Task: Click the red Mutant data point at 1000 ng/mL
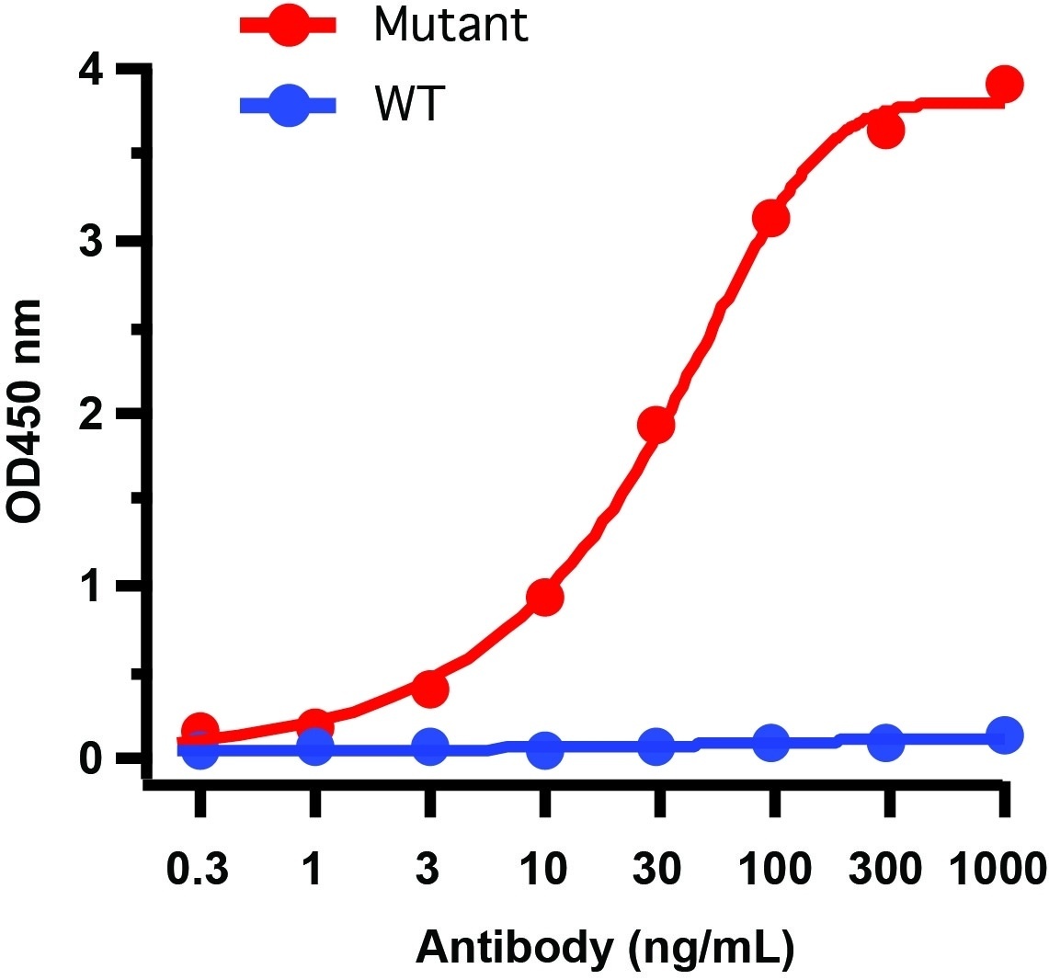click(x=1004, y=85)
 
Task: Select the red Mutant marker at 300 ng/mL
click(x=885, y=131)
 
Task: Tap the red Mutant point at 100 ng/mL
click(x=770, y=218)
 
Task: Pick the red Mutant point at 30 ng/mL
click(x=656, y=425)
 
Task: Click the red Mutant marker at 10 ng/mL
click(x=544, y=598)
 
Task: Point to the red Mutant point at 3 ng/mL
click(x=429, y=689)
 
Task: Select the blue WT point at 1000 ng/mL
click(x=1005, y=735)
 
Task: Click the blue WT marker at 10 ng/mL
click(x=544, y=750)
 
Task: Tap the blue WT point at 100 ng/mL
click(x=770, y=742)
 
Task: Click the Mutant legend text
click(x=450, y=25)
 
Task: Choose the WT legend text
click(x=409, y=106)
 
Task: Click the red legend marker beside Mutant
click(x=289, y=25)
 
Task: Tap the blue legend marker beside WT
click(x=289, y=106)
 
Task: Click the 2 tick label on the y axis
click(x=92, y=415)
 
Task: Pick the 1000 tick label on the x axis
click(x=998, y=869)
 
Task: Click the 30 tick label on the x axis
click(x=658, y=869)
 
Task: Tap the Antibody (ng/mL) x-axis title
click(x=605, y=947)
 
